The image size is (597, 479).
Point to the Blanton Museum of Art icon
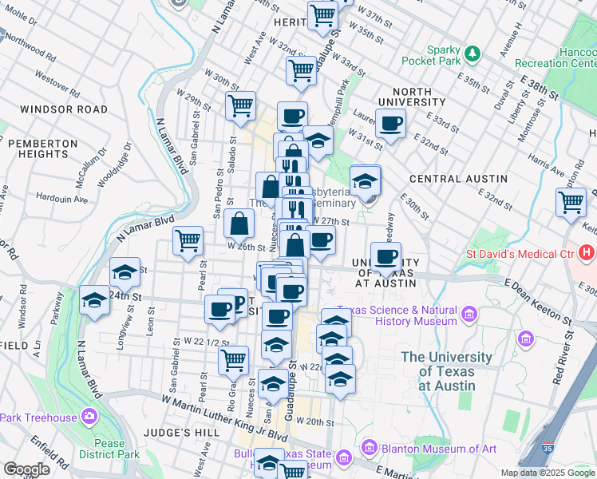[x=368, y=449]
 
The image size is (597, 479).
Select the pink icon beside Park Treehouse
[x=89, y=417]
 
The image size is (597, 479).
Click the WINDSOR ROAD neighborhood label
[x=64, y=109]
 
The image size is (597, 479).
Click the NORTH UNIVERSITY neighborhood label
[x=411, y=97]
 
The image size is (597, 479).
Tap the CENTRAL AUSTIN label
[x=457, y=178]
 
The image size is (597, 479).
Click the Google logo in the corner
[x=26, y=469]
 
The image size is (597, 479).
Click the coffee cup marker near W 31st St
[x=390, y=124]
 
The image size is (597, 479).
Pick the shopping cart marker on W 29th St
[x=240, y=105]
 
